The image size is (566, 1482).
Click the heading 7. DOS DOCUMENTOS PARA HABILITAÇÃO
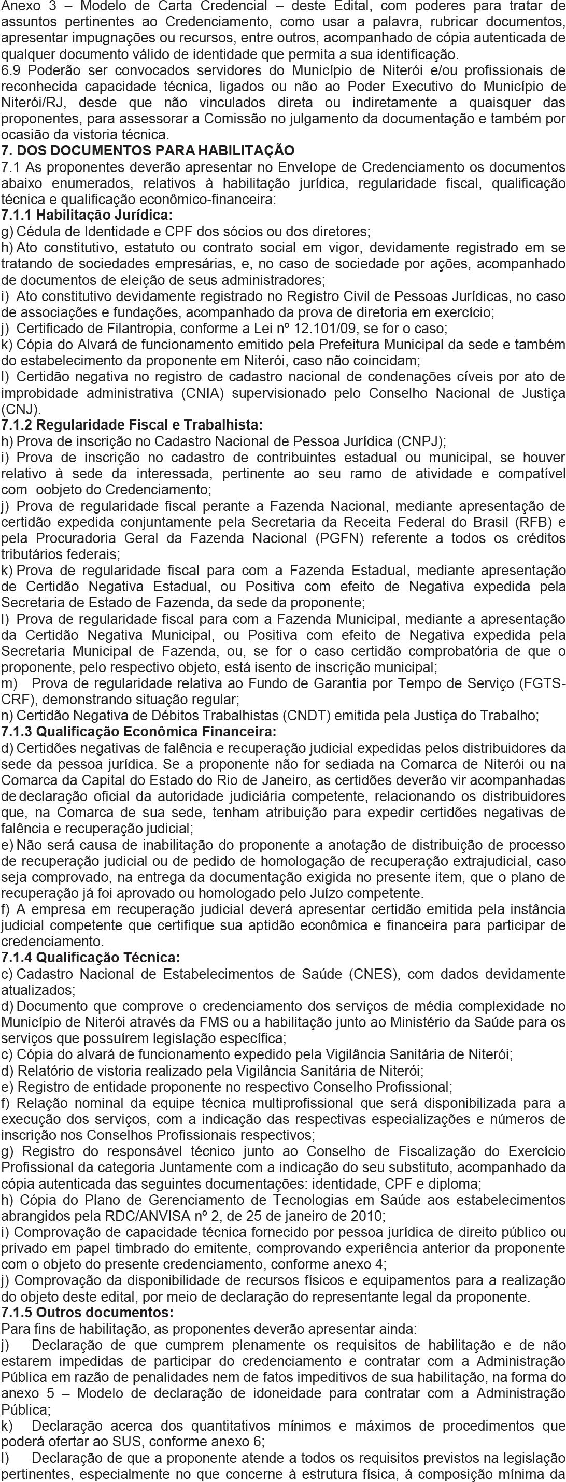148,151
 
